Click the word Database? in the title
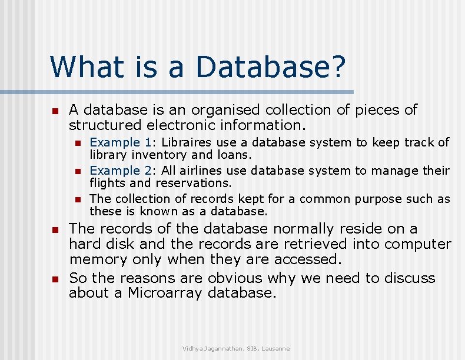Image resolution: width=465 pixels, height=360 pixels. pos(271,67)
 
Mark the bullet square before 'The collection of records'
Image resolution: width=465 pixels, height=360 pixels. pos(77,199)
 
